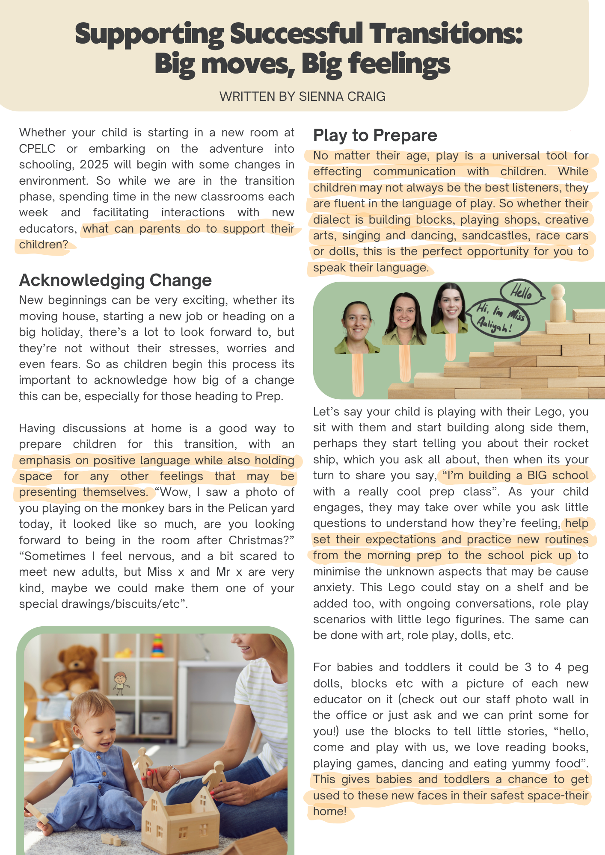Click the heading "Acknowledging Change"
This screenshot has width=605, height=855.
115,280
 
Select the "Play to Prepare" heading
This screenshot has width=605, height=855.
375,136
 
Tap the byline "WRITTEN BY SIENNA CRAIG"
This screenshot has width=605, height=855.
302,97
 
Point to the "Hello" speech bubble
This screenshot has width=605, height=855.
521,292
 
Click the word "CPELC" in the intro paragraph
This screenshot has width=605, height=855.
37,149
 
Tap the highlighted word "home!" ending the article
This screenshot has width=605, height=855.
329,811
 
